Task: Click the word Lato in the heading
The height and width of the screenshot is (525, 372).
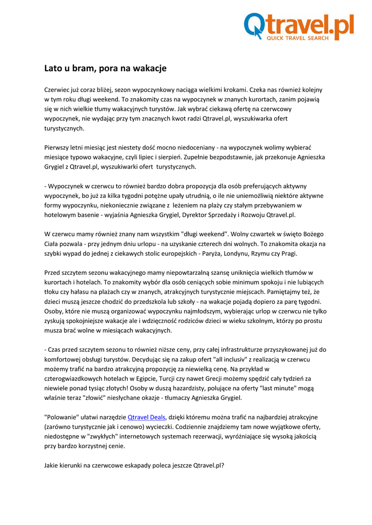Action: (x=53, y=68)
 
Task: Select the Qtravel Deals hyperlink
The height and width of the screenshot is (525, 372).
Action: (x=146, y=417)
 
